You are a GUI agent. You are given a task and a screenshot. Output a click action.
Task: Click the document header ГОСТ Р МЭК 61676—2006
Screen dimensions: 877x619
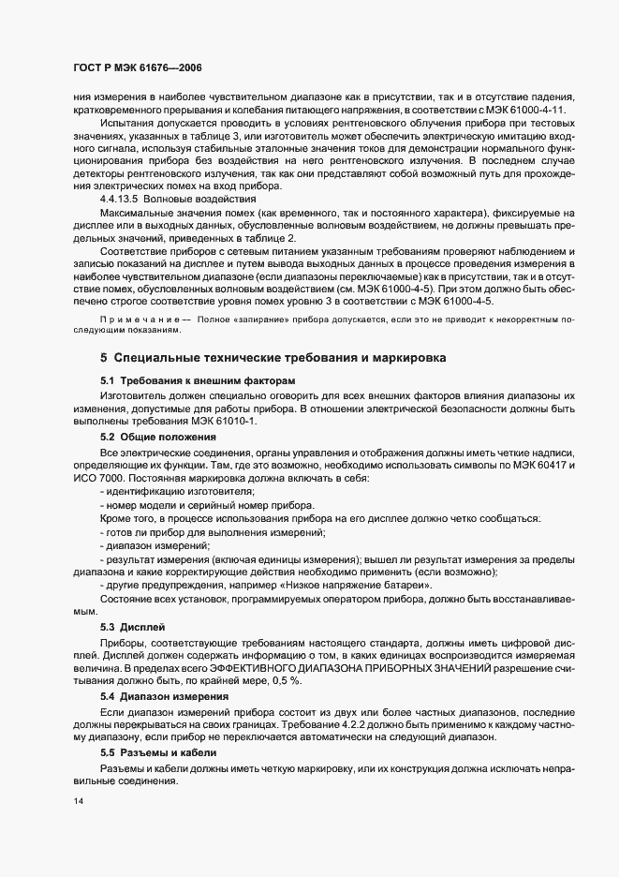137,69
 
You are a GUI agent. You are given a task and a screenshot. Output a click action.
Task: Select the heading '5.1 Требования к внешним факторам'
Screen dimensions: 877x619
198,381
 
